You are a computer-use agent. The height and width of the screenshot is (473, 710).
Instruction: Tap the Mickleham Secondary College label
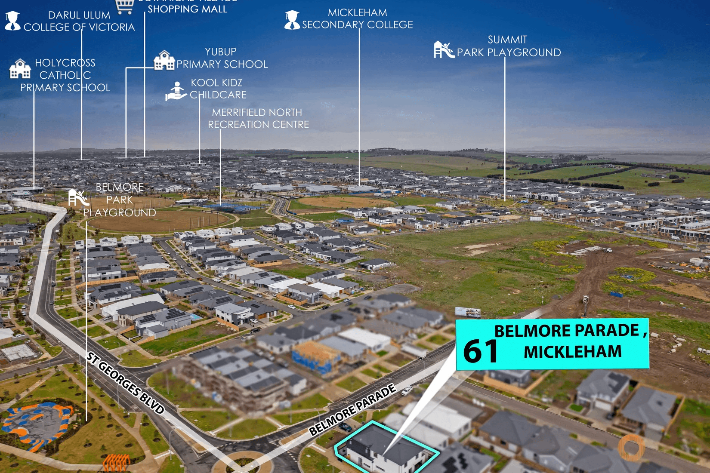pyautogui.click(x=357, y=19)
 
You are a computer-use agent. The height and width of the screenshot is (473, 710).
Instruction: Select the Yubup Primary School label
pyautogui.click(x=222, y=58)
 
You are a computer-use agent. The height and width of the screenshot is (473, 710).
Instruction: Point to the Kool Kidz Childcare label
pyautogui.click(x=218, y=89)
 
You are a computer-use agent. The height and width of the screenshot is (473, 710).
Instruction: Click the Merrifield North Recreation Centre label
pyautogui.click(x=258, y=118)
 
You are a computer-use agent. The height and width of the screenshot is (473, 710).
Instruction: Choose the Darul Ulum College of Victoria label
pyautogui.click(x=79, y=21)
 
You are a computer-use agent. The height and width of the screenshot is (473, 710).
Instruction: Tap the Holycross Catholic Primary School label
pyautogui.click(x=65, y=75)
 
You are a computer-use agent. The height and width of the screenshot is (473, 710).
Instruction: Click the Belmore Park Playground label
pyautogui.click(x=120, y=200)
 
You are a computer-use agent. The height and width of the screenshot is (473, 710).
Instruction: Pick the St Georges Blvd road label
pyautogui.click(x=125, y=383)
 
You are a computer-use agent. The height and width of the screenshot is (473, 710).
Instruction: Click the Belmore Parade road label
pyautogui.click(x=352, y=410)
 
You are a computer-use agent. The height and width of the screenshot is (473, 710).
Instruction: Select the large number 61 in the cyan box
pyautogui.click(x=480, y=351)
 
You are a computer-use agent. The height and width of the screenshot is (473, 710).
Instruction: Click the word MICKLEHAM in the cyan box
pyautogui.click(x=572, y=352)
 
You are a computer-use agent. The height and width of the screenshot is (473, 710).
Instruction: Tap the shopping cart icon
pyautogui.click(x=125, y=5)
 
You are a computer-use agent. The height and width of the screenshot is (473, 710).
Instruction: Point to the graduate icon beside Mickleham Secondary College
pyautogui.click(x=292, y=20)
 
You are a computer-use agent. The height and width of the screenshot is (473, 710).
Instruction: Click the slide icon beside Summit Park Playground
pyautogui.click(x=444, y=49)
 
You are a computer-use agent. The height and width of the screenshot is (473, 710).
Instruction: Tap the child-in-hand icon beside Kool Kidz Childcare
pyautogui.click(x=176, y=91)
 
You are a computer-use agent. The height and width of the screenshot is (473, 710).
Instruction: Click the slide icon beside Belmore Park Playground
pyautogui.click(x=78, y=198)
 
